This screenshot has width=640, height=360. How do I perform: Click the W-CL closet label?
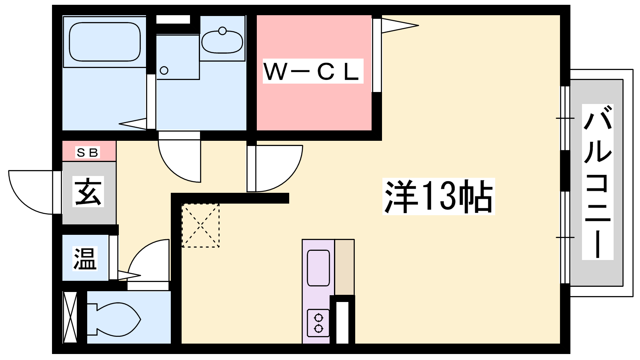coord(313,71)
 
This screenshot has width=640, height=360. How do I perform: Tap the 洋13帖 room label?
coord(438,196)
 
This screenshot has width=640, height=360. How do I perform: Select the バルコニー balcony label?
coord(598,182)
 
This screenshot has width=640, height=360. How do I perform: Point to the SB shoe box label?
coord(88,152)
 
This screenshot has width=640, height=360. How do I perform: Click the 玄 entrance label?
coord(88,192)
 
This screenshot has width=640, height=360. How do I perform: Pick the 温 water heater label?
coord(85,258)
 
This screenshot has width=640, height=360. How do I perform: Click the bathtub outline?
coord(105,42)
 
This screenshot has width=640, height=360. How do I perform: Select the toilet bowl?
coord(114,319)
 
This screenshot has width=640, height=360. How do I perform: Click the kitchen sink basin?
coord(318,268)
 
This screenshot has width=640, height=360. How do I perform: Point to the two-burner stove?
coord(318,323)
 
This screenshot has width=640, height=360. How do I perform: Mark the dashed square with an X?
coord(200,226)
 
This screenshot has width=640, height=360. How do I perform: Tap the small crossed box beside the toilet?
coord(70,317)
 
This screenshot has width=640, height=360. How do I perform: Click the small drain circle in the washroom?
coord(164,70)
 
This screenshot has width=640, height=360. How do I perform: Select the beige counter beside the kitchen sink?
coord(344,268)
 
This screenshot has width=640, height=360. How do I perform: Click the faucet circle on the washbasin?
coord(222,31)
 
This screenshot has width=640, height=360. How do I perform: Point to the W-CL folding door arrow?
coord(400,26)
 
